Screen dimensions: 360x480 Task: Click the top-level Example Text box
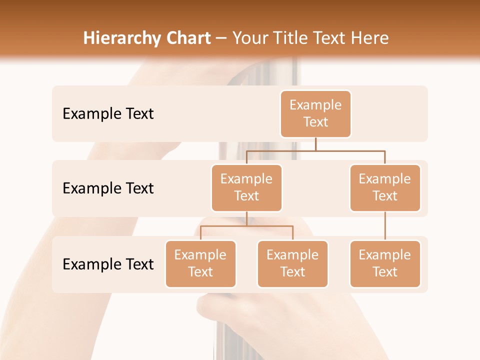click(x=315, y=113)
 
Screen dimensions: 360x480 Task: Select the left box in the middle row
click(x=246, y=187)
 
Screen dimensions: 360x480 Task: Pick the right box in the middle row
click(x=385, y=187)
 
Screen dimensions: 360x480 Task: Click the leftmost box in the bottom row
click(x=200, y=263)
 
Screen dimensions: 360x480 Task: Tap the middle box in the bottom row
click(x=292, y=263)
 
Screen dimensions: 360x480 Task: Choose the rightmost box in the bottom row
click(x=385, y=263)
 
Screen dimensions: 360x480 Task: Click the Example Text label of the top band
click(x=108, y=114)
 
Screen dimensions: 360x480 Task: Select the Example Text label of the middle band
click(x=108, y=188)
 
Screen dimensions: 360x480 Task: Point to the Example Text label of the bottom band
click(x=108, y=264)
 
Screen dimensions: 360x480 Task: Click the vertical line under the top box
click(x=315, y=144)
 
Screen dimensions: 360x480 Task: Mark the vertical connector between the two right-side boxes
click(x=385, y=225)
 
